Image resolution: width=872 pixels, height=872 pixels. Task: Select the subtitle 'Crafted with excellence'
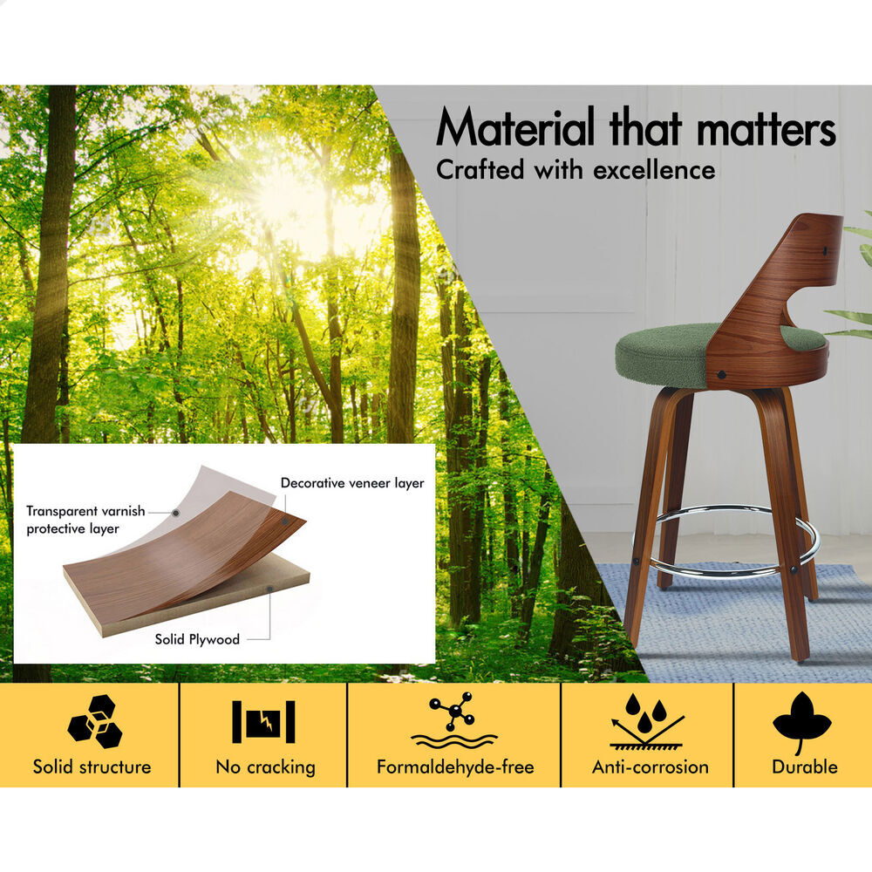point(576,170)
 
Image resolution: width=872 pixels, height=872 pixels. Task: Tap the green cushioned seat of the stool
point(662,354)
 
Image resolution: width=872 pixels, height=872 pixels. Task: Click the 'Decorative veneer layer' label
point(352,483)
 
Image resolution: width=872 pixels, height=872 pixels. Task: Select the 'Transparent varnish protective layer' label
point(85,520)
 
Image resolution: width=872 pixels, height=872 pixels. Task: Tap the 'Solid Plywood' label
point(197,639)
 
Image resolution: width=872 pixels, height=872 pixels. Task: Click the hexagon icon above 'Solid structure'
point(94,721)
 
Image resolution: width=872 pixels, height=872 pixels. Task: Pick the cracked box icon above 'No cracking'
point(263,721)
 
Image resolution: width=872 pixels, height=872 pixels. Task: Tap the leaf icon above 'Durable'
point(801,722)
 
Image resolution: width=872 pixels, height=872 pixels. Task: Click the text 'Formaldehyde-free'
point(455,766)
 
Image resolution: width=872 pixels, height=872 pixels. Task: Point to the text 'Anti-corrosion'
point(651,766)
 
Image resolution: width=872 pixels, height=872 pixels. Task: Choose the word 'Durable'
point(804,766)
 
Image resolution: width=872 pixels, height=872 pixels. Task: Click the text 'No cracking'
point(265,767)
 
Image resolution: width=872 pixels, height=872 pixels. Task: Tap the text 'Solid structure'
point(92,766)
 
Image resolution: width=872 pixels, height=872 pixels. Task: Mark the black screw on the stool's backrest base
point(721,375)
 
